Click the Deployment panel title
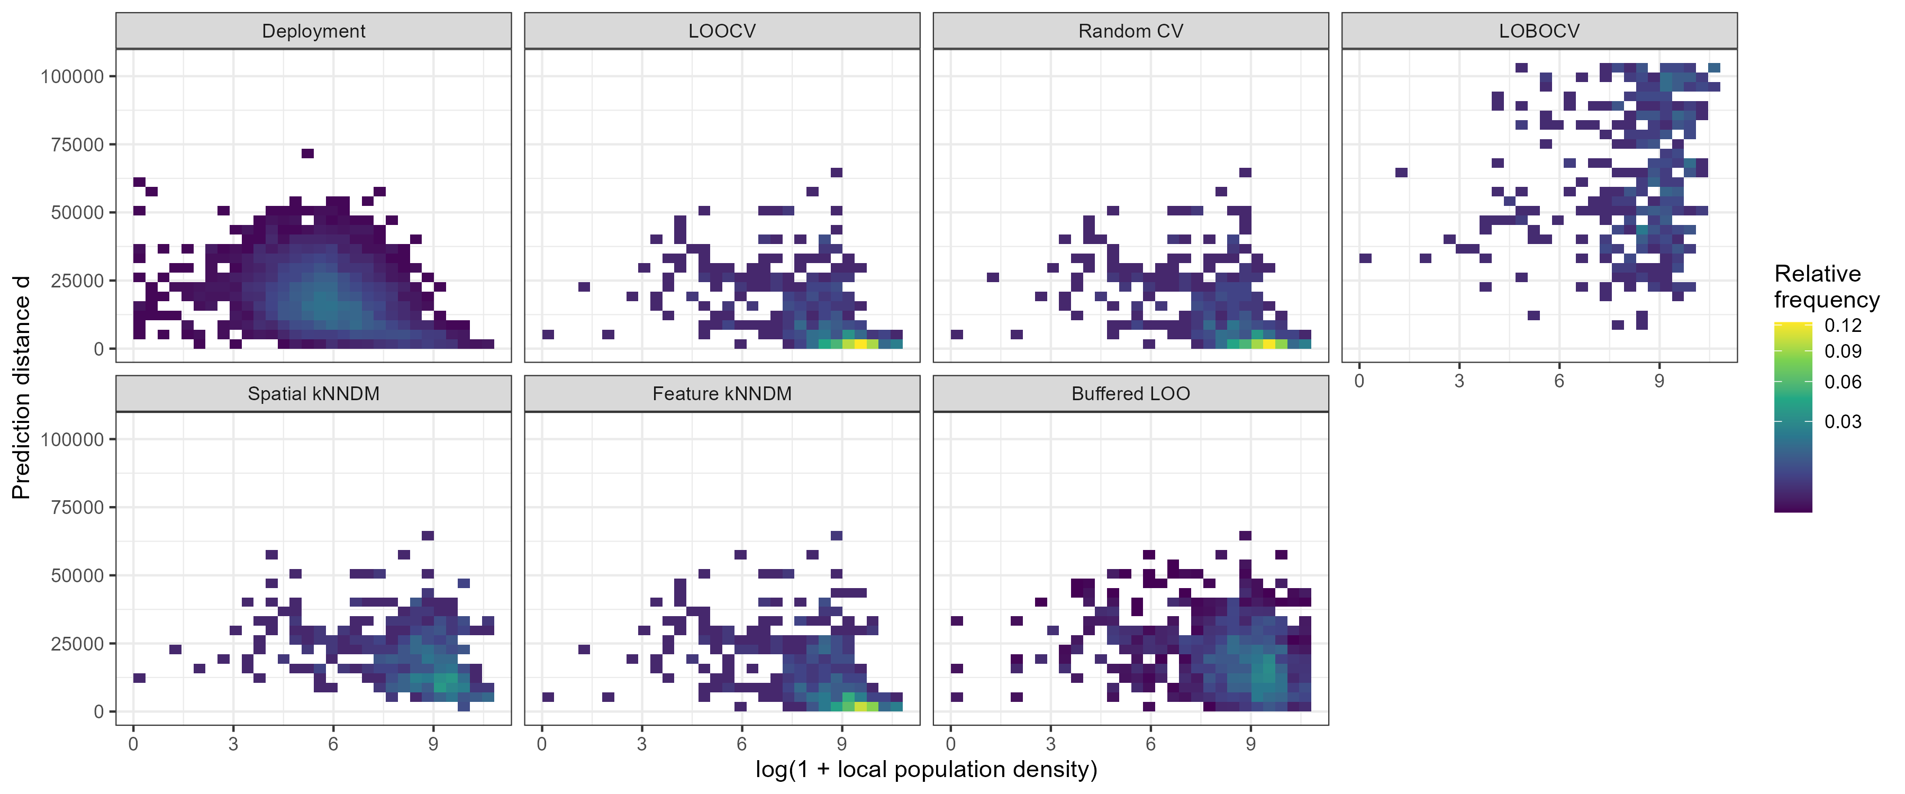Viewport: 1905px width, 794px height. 314,31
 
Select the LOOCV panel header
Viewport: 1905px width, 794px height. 722,31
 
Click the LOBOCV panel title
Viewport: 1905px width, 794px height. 1539,31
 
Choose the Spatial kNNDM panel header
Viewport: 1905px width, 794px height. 314,394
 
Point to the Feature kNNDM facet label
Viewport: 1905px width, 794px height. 722,394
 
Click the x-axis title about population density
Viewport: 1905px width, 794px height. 926,770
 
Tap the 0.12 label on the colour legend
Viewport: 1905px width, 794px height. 1842,326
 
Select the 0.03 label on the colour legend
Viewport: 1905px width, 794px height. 1842,422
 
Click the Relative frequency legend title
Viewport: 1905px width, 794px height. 1826,287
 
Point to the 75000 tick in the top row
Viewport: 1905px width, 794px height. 77,145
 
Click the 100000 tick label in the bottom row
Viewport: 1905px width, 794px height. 72,439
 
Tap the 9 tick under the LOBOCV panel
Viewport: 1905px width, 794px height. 1659,381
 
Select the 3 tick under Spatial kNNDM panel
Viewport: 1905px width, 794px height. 233,744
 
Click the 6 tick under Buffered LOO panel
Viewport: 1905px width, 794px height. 1151,744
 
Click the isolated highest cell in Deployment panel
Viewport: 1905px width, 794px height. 307,153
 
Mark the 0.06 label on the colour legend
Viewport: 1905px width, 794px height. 1842,382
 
